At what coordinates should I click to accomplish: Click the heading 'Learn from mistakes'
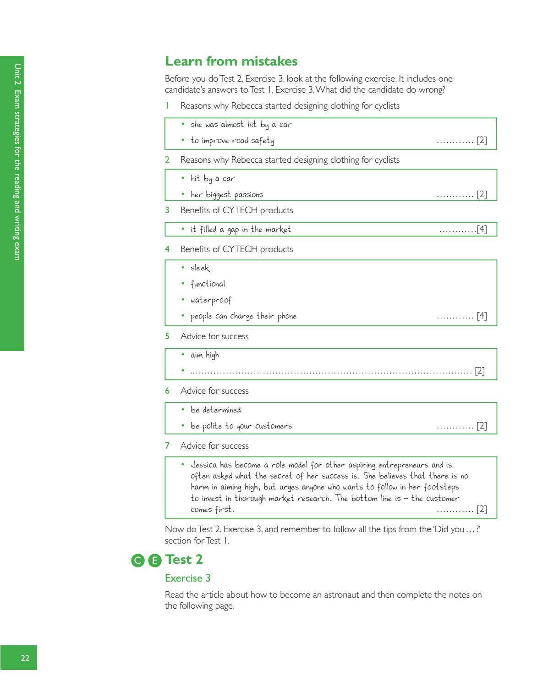(231, 61)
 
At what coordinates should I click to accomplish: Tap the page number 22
(25, 658)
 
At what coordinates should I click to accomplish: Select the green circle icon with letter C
(137, 560)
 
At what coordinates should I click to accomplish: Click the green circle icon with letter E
(155, 560)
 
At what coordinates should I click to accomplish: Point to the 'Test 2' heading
(184, 559)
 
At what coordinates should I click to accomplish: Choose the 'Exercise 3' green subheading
(187, 578)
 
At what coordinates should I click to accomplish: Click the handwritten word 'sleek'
(200, 268)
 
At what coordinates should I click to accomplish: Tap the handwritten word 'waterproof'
(211, 300)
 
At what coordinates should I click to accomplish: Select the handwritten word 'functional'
(208, 284)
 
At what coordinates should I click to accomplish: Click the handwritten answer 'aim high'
(204, 355)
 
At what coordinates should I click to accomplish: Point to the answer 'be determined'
(215, 410)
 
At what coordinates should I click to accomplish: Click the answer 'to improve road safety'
(232, 140)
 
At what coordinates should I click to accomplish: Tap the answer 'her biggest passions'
(226, 194)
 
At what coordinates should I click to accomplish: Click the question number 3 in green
(167, 210)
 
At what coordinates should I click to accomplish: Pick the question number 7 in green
(167, 445)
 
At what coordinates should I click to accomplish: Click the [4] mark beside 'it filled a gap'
(482, 229)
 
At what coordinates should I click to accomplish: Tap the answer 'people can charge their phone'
(243, 316)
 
